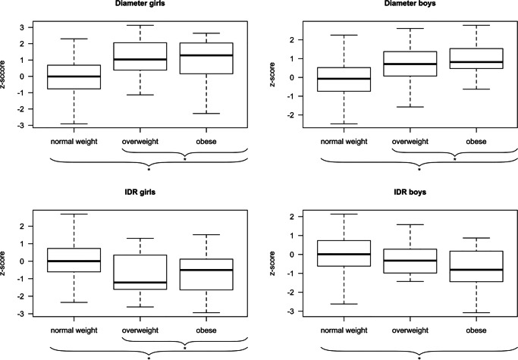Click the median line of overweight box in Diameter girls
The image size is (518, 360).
pyautogui.click(x=149, y=59)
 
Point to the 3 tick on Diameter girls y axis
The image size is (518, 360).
pyautogui.click(x=28, y=27)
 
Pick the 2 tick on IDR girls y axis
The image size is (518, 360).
pyautogui.click(x=28, y=226)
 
